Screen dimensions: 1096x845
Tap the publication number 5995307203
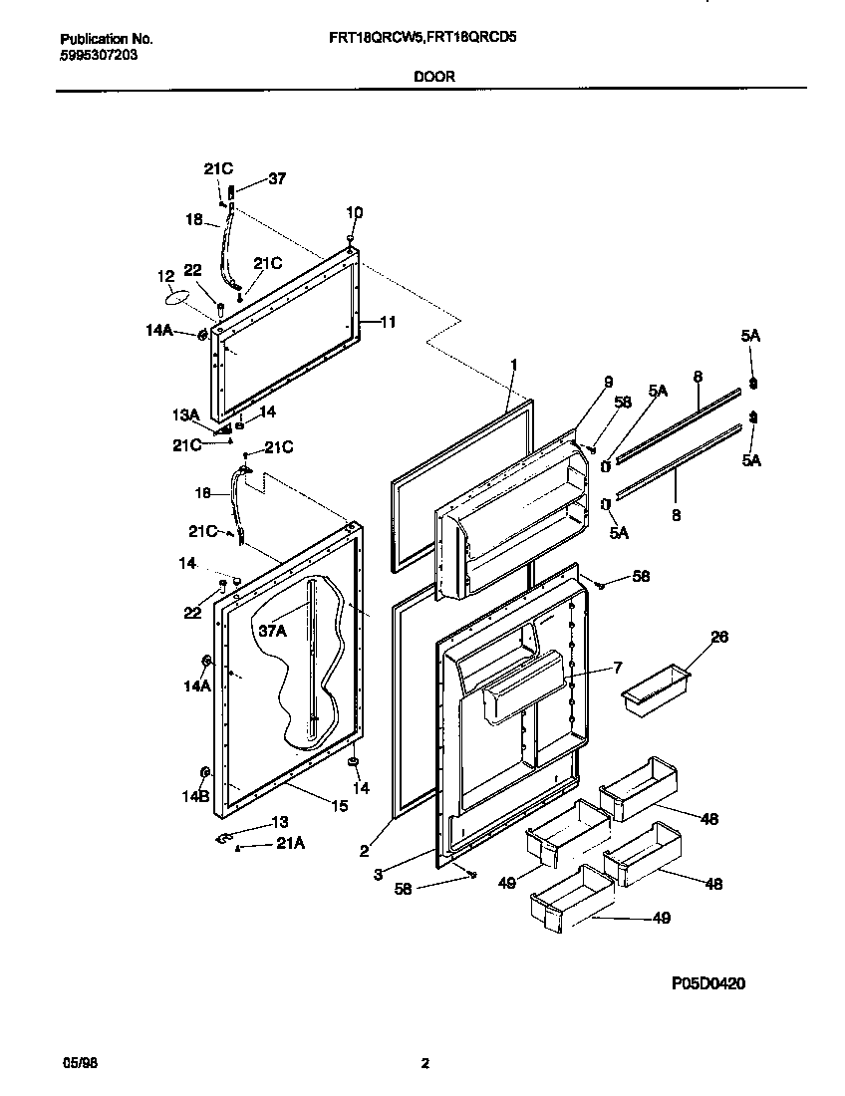point(99,55)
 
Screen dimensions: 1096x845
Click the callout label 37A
point(273,631)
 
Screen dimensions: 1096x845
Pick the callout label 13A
point(186,413)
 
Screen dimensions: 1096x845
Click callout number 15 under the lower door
point(340,806)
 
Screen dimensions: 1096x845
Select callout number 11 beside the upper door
point(388,322)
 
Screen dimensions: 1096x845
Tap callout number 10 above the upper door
point(354,212)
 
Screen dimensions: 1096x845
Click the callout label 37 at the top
point(276,179)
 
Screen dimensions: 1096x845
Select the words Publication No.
point(107,39)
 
